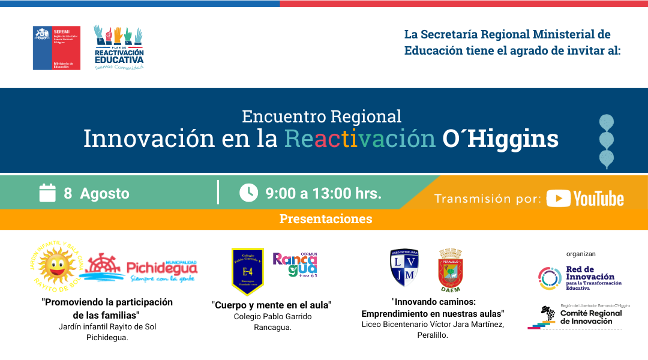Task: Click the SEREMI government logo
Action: (x=56, y=48)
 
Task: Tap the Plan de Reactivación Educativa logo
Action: (x=119, y=47)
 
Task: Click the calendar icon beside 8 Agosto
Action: (x=47, y=193)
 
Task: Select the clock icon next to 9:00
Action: (x=248, y=193)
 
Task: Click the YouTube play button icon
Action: (x=558, y=199)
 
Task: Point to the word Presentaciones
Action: (x=325, y=219)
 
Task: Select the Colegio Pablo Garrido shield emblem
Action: (x=247, y=271)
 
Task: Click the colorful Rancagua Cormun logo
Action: (x=295, y=264)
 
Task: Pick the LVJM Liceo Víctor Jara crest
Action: (x=404, y=268)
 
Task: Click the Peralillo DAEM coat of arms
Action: (x=450, y=271)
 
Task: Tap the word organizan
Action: (x=581, y=254)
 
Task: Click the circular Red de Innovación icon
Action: (x=549, y=278)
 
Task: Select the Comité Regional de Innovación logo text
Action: (x=590, y=316)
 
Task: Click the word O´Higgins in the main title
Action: (x=500, y=139)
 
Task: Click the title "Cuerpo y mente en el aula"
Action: (x=271, y=305)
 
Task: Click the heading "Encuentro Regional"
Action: (x=322, y=116)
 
